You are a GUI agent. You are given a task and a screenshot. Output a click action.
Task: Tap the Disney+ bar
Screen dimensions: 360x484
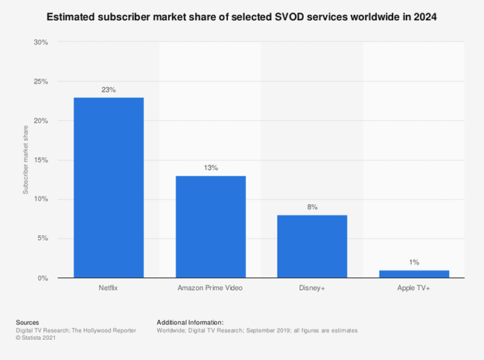[312, 247]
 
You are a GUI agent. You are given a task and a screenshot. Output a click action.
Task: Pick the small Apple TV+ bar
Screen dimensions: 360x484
[414, 274]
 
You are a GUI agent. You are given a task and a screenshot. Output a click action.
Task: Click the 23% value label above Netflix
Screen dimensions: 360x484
[109, 89]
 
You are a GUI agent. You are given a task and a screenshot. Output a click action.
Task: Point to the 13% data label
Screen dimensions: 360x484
[211, 168]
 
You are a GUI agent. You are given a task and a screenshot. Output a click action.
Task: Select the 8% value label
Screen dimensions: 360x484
[312, 206]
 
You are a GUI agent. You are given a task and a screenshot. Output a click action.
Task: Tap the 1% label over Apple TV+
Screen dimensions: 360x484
[414, 262]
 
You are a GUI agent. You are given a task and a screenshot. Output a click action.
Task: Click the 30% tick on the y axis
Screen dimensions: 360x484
[41, 42]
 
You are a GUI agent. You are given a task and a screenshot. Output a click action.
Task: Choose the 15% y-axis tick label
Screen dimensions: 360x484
[41, 160]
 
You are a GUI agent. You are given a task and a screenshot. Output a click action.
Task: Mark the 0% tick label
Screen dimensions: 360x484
[43, 278]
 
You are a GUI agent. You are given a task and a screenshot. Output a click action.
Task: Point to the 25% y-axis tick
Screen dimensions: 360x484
[41, 81]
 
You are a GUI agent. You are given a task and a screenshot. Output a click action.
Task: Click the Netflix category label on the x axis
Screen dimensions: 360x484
[109, 287]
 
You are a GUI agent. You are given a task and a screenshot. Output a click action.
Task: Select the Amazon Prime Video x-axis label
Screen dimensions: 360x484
[211, 287]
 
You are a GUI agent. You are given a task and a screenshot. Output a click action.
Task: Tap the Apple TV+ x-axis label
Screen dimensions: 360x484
[414, 287]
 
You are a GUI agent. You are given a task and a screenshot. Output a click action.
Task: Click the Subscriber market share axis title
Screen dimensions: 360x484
[25, 160]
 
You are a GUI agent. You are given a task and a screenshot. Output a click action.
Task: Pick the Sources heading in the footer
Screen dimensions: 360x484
[28, 322]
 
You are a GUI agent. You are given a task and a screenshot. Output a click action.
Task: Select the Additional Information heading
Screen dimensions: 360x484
[190, 322]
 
